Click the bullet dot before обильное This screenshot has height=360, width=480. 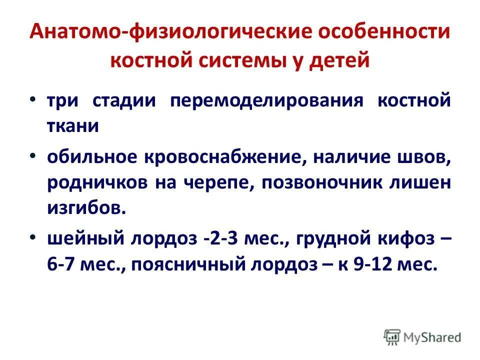(x=32, y=155)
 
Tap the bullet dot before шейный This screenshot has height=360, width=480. (x=32, y=238)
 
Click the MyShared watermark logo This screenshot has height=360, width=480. (x=422, y=337)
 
